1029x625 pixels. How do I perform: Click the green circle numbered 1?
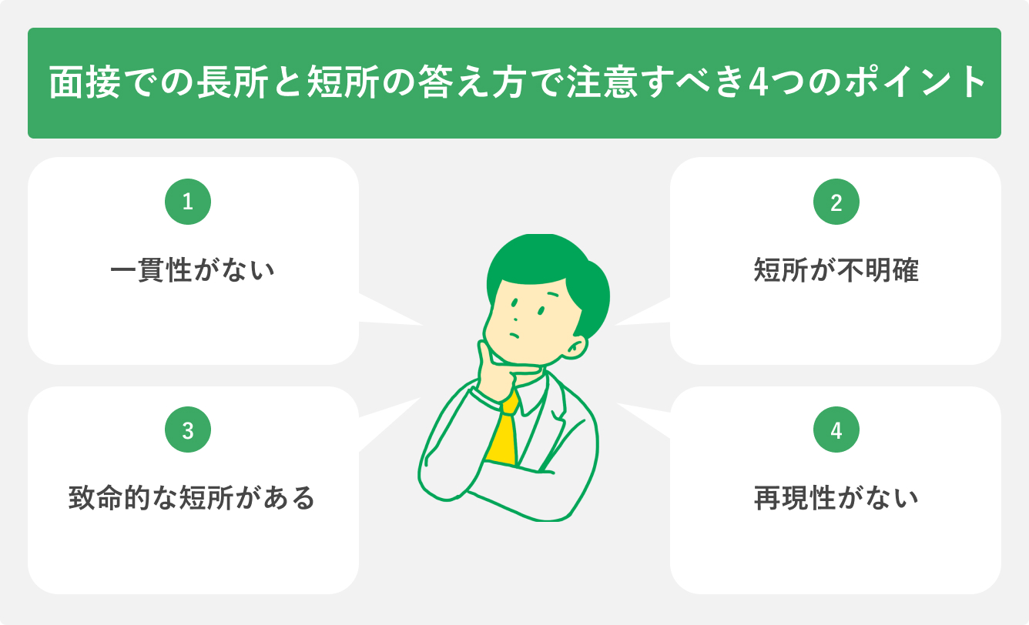click(x=188, y=202)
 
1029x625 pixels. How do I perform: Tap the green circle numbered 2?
click(x=836, y=202)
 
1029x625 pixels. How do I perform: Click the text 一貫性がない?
click(x=193, y=271)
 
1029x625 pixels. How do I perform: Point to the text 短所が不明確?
click(x=836, y=271)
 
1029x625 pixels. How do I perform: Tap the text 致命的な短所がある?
click(x=193, y=498)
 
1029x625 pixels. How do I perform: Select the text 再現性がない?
click(x=836, y=498)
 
